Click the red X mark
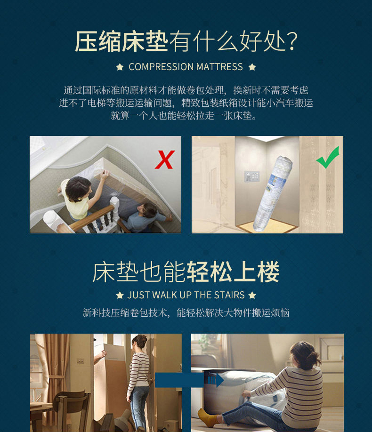[165, 160]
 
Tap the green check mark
[328, 158]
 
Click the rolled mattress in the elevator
[273, 193]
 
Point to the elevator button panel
[251, 176]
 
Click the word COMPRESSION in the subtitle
[161, 67]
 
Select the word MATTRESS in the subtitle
[219, 67]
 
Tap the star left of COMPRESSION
[120, 67]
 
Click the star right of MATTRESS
[252, 67]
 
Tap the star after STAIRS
[252, 296]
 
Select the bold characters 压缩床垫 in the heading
[121, 41]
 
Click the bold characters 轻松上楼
[233, 272]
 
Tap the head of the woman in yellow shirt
[78, 189]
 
